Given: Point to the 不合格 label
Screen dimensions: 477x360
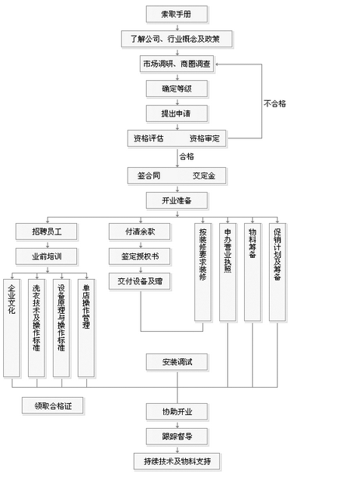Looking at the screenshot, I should coord(275,103).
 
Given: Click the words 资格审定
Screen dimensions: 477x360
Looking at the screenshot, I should coord(204,138).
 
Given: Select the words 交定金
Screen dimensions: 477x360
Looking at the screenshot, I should coord(204,176).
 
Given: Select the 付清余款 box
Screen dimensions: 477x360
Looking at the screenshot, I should coord(140,231).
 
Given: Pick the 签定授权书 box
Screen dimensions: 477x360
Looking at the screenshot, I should coord(140,256).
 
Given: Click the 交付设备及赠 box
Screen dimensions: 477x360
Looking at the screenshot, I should coord(140,281).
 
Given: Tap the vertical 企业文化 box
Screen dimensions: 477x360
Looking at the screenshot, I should coord(12,326).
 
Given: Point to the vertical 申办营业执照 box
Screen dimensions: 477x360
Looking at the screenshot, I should coord(228,272).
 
